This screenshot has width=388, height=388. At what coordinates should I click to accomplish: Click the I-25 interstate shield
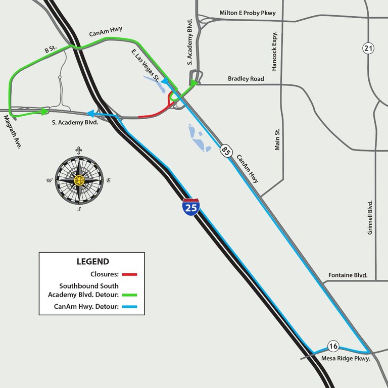tap(191, 207)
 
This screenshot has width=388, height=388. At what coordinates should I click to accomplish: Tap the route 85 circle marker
tap(224, 150)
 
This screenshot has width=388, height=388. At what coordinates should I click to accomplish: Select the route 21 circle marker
tap(368, 48)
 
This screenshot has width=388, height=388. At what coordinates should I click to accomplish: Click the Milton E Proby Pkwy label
tap(247, 13)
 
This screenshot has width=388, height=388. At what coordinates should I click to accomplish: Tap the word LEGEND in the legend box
tap(92, 262)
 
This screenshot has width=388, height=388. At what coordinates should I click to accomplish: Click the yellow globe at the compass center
tap(78, 180)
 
